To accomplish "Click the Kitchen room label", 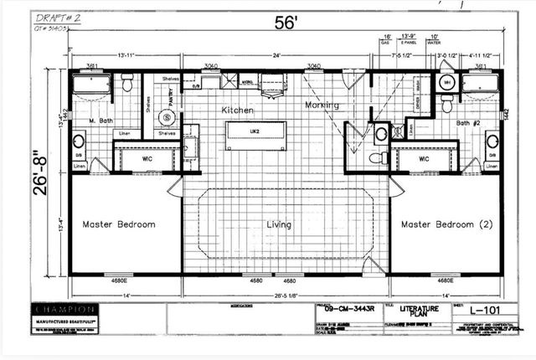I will [x=237, y=111].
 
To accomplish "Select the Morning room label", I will [x=322, y=105].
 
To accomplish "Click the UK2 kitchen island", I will [x=255, y=133].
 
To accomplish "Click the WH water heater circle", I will [x=447, y=85].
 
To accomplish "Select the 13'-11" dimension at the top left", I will [x=126, y=56].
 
